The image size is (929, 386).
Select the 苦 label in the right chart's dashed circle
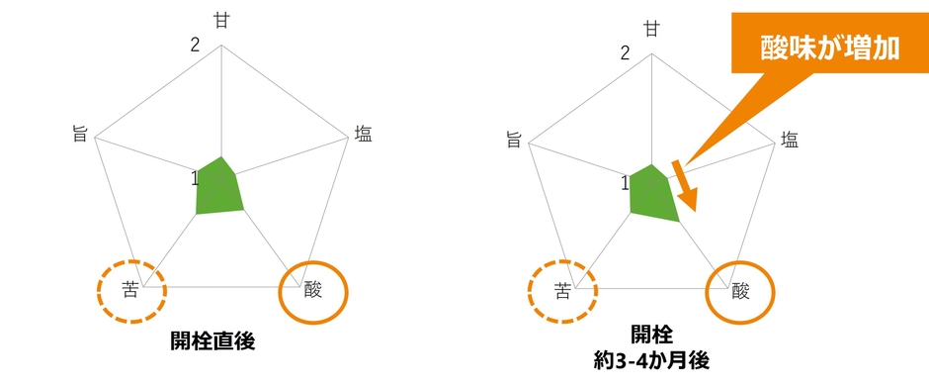pyautogui.click(x=562, y=291)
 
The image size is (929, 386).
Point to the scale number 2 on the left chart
pyautogui.click(x=196, y=45)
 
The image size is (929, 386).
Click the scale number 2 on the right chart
pyautogui.click(x=626, y=51)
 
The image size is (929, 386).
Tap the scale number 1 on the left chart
pyautogui.click(x=195, y=178)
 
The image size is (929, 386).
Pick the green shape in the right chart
pyautogui.click(x=652, y=193)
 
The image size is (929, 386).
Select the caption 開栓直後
pyautogui.click(x=212, y=342)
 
